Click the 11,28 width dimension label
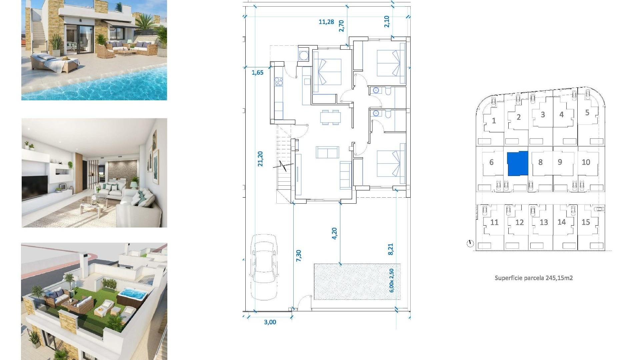point(326,22)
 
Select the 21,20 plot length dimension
point(260,159)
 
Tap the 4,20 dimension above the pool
point(334,233)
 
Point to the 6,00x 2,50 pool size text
point(392,280)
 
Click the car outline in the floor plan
point(264,267)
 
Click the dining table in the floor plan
point(330,117)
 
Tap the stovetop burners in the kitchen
point(278,82)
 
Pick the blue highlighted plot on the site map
point(517,163)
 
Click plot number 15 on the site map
point(586,222)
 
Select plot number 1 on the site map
point(494,121)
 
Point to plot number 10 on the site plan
point(586,162)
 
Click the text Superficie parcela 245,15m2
point(533,278)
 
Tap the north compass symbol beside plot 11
point(470,244)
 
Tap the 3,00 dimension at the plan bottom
point(270,322)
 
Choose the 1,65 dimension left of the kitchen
point(257,72)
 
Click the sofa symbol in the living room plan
point(327,152)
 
